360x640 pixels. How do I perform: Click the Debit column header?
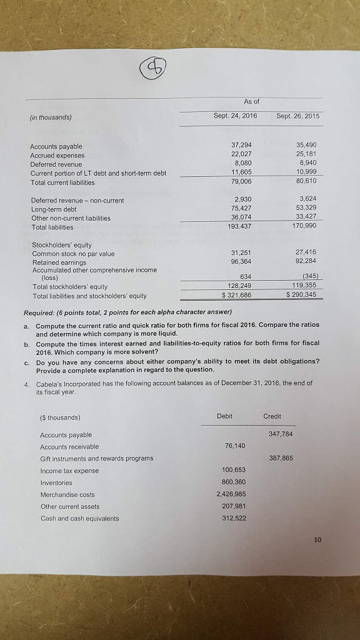tap(224, 416)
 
